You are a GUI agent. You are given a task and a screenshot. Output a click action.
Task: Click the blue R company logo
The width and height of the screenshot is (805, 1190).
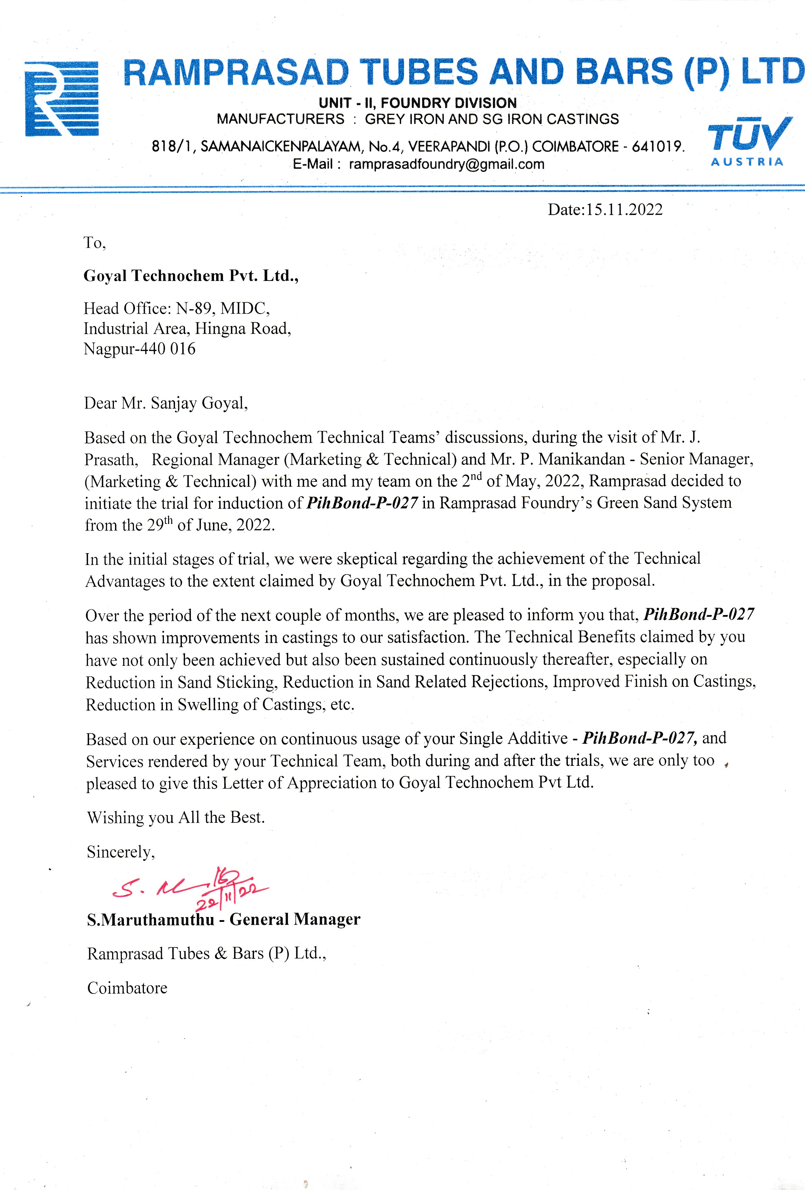click(x=61, y=98)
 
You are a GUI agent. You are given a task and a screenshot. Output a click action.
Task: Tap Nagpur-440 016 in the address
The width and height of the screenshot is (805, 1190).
click(x=139, y=349)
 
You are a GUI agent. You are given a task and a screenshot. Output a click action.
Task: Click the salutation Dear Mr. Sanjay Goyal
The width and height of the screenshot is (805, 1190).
click(x=166, y=403)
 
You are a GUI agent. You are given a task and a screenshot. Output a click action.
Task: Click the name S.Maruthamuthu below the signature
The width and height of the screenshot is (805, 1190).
click(x=151, y=920)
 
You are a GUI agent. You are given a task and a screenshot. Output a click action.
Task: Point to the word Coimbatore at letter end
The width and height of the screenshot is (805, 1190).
click(x=127, y=988)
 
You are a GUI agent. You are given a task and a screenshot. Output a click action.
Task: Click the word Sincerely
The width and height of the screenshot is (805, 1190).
click(x=121, y=851)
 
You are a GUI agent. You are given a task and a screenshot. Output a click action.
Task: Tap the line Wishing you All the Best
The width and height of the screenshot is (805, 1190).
click(x=176, y=817)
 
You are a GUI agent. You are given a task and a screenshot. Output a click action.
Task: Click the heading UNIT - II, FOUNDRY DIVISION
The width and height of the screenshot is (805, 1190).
click(x=417, y=103)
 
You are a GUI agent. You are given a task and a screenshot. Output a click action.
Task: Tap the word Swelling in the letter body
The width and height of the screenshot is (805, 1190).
click(x=208, y=705)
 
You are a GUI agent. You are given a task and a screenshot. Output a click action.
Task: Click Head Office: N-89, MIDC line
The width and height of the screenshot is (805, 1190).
click(x=177, y=308)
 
